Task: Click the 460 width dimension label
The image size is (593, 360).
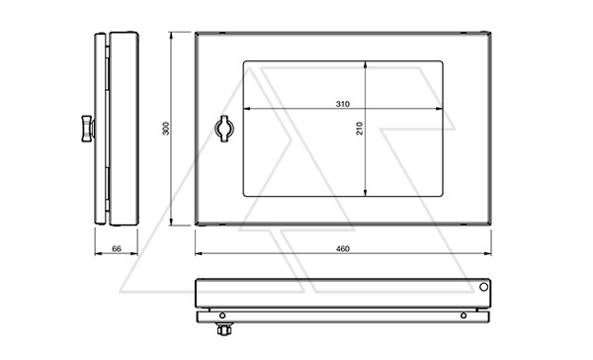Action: click(x=343, y=248)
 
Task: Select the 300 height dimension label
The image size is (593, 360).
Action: click(x=166, y=129)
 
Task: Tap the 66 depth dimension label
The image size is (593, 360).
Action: click(x=117, y=248)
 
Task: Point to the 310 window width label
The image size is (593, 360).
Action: click(x=343, y=104)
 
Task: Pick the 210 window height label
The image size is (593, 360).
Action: click(x=360, y=129)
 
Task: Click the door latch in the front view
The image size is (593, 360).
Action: click(x=224, y=129)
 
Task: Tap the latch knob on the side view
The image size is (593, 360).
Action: click(x=88, y=129)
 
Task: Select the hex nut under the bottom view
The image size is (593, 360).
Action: click(x=224, y=329)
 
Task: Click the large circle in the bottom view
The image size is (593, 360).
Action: click(x=483, y=287)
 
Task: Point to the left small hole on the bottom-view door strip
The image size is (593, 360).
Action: click(x=222, y=315)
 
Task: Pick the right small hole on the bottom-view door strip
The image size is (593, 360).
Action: click(x=464, y=315)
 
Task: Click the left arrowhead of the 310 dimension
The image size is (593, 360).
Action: click(x=247, y=109)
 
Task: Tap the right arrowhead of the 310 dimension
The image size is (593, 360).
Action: click(x=439, y=109)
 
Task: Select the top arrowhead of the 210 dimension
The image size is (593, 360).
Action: click(x=365, y=65)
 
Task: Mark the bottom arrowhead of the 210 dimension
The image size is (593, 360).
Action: click(x=365, y=192)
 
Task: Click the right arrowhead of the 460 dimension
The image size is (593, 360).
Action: click(x=487, y=253)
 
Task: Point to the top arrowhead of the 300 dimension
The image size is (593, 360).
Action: click(x=171, y=37)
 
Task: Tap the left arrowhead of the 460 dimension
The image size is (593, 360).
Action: click(x=200, y=253)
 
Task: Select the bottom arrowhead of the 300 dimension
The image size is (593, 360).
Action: click(x=171, y=222)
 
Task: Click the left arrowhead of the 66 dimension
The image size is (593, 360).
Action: click(x=98, y=253)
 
